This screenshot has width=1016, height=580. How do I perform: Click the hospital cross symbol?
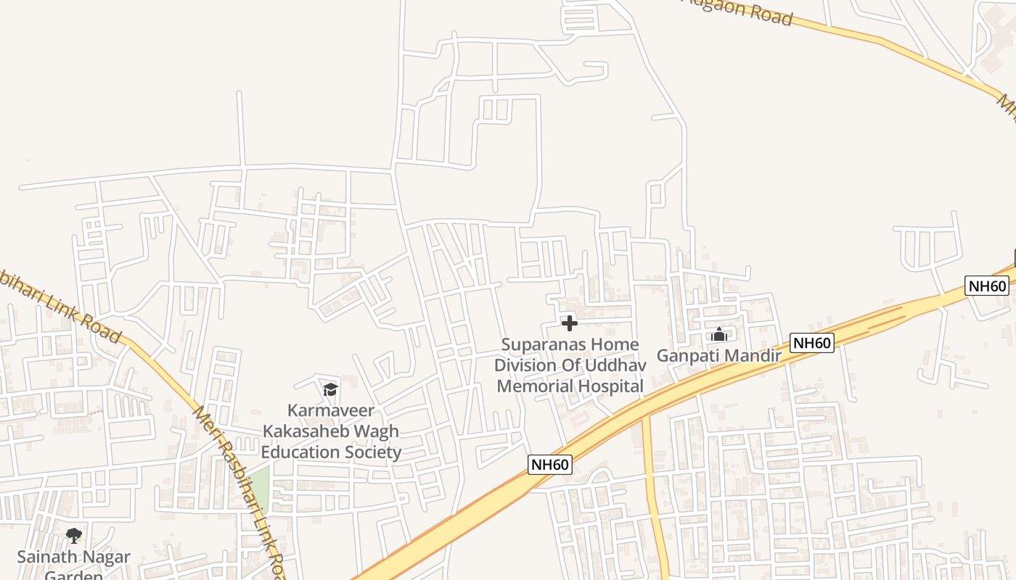570,323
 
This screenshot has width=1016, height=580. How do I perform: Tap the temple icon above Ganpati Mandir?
719,334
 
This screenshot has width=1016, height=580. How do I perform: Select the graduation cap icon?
330,389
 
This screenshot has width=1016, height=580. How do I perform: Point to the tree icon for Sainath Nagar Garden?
73,536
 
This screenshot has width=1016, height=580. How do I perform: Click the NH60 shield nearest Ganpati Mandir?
812,343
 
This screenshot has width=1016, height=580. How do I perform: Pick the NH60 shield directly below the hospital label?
550,465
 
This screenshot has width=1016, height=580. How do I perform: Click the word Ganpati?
685,356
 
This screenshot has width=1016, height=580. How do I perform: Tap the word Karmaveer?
331,410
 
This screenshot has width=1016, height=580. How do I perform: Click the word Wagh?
378,431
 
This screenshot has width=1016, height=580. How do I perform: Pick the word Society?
372,452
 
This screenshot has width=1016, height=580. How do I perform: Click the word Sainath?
48,558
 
